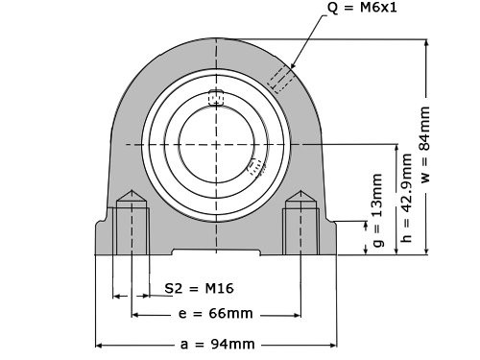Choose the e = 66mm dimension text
(216, 314)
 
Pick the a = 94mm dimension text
(216, 344)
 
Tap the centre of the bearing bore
(217, 144)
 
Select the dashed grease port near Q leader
(283, 79)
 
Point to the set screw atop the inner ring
(217, 97)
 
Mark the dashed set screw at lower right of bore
(253, 168)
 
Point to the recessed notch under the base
(217, 253)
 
